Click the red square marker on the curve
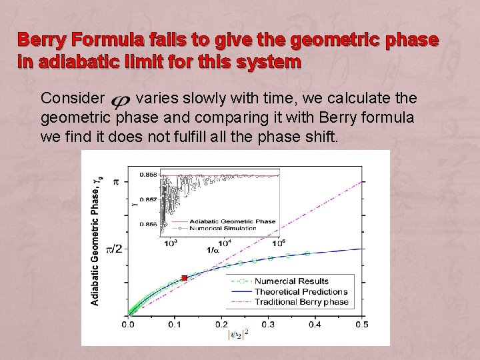(x=185, y=278)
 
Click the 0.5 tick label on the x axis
(x=361, y=324)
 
